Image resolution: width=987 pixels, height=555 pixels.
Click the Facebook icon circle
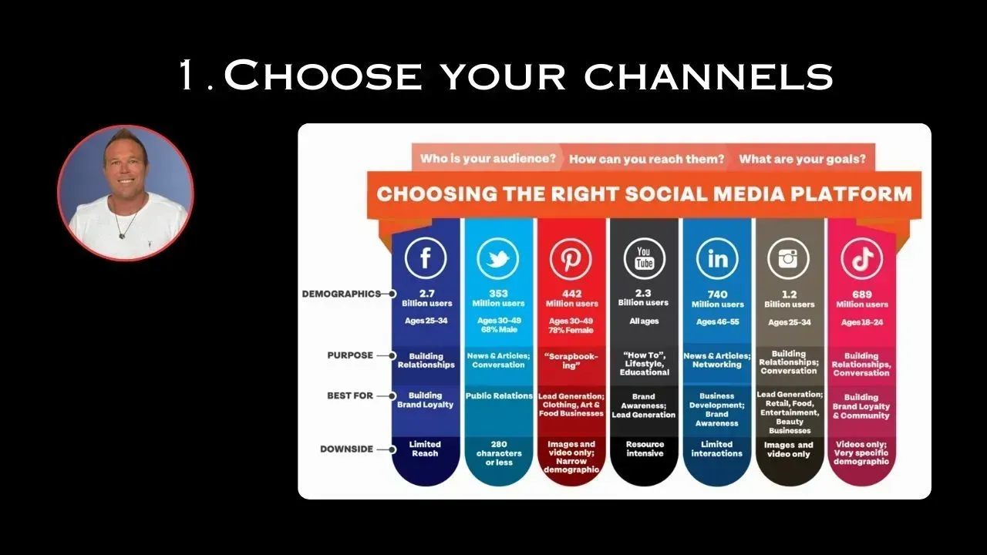tap(426, 257)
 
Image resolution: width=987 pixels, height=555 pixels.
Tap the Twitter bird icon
tap(498, 258)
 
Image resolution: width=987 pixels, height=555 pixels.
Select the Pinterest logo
tap(571, 258)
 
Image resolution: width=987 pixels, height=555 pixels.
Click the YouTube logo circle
tap(644, 258)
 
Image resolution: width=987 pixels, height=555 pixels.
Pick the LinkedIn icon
tap(717, 258)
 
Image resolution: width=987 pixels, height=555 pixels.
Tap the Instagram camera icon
tap(788, 258)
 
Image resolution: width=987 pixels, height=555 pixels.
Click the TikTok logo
tap(862, 258)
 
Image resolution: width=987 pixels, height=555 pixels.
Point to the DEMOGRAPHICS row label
tap(342, 294)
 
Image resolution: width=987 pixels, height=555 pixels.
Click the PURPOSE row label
tap(350, 355)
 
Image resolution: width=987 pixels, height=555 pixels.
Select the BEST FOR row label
tap(350, 395)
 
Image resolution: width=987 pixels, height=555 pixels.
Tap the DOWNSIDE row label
tap(346, 449)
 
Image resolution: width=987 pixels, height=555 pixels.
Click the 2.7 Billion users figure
tap(426, 298)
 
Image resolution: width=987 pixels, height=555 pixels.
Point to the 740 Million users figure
tap(717, 299)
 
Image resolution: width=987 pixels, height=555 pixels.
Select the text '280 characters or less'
tap(499, 453)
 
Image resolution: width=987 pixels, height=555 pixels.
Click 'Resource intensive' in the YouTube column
tap(645, 449)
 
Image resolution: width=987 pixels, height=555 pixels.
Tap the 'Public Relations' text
tap(499, 395)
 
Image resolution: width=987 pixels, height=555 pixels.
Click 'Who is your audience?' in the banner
tap(488, 158)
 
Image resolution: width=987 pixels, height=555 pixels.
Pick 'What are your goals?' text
tap(803, 159)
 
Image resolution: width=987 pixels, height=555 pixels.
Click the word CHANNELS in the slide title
tap(709, 76)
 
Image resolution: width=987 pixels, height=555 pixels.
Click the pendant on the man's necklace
tap(122, 236)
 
